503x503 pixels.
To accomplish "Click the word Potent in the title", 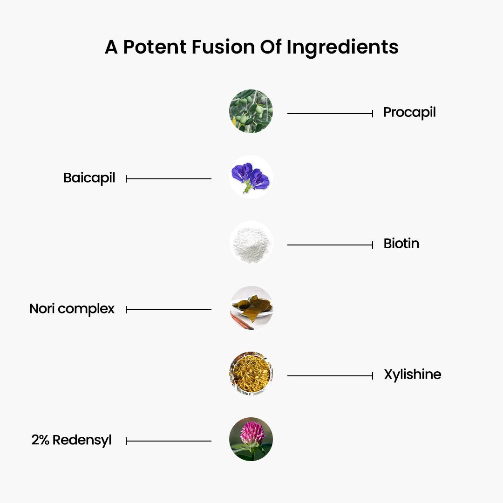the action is click(155, 47).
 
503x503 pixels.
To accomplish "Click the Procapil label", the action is click(409, 113).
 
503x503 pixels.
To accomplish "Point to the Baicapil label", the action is click(89, 178).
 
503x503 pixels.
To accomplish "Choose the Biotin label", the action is click(401, 244).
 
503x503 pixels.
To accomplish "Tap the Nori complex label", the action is click(72, 309).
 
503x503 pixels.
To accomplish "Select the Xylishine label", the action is click(413, 374).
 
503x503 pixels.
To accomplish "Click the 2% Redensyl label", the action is click(71, 440).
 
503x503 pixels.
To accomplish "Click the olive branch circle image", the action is click(251, 111).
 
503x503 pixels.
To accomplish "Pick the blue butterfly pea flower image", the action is click(251, 177).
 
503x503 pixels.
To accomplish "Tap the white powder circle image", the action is click(251, 243).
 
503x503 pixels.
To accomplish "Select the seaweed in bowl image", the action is click(251, 308).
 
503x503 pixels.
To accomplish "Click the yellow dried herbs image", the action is click(251, 374).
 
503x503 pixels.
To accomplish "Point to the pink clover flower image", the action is click(251, 439).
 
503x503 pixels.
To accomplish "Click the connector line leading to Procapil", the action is click(330, 114).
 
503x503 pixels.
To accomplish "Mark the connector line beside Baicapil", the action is click(169, 179).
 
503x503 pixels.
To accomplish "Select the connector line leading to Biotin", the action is click(330, 245).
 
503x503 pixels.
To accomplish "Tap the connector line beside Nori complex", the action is click(169, 310).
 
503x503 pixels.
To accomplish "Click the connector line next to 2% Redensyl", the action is click(169, 441).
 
